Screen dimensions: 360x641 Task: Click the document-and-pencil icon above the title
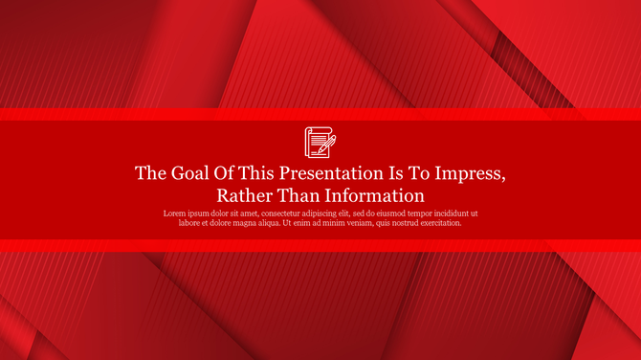click(x=320, y=142)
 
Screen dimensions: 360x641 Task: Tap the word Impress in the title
click(x=468, y=173)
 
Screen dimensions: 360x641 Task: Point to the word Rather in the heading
click(x=245, y=195)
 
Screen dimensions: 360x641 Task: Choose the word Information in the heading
click(x=376, y=195)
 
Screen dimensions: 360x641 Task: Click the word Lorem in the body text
click(x=175, y=213)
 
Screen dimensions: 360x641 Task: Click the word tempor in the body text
click(x=426, y=213)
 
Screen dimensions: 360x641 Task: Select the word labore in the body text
click(x=191, y=223)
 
